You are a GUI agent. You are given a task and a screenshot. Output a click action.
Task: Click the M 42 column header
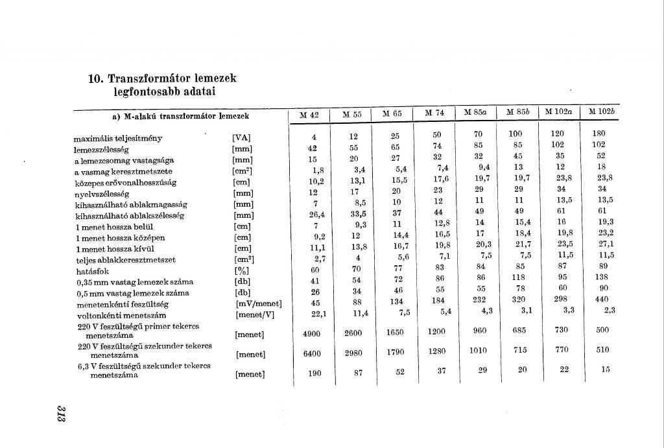pos(309,115)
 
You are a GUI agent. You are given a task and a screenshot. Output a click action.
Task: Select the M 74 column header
pos(434,113)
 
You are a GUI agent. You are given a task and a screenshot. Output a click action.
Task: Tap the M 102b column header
pos(600,112)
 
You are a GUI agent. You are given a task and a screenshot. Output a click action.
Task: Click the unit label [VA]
pos(241,138)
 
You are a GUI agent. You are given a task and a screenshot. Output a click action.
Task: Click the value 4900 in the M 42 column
pos(312,333)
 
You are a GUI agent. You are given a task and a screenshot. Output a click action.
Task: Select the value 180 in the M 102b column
pos(599,134)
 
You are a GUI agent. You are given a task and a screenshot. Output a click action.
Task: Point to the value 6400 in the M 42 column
pos(312,353)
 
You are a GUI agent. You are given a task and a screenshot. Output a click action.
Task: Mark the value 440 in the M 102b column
pos(603,300)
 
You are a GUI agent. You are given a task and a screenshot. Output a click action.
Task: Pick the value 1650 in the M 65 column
pos(396,332)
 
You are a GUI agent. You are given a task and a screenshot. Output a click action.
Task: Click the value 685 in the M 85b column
pos(520,330)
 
